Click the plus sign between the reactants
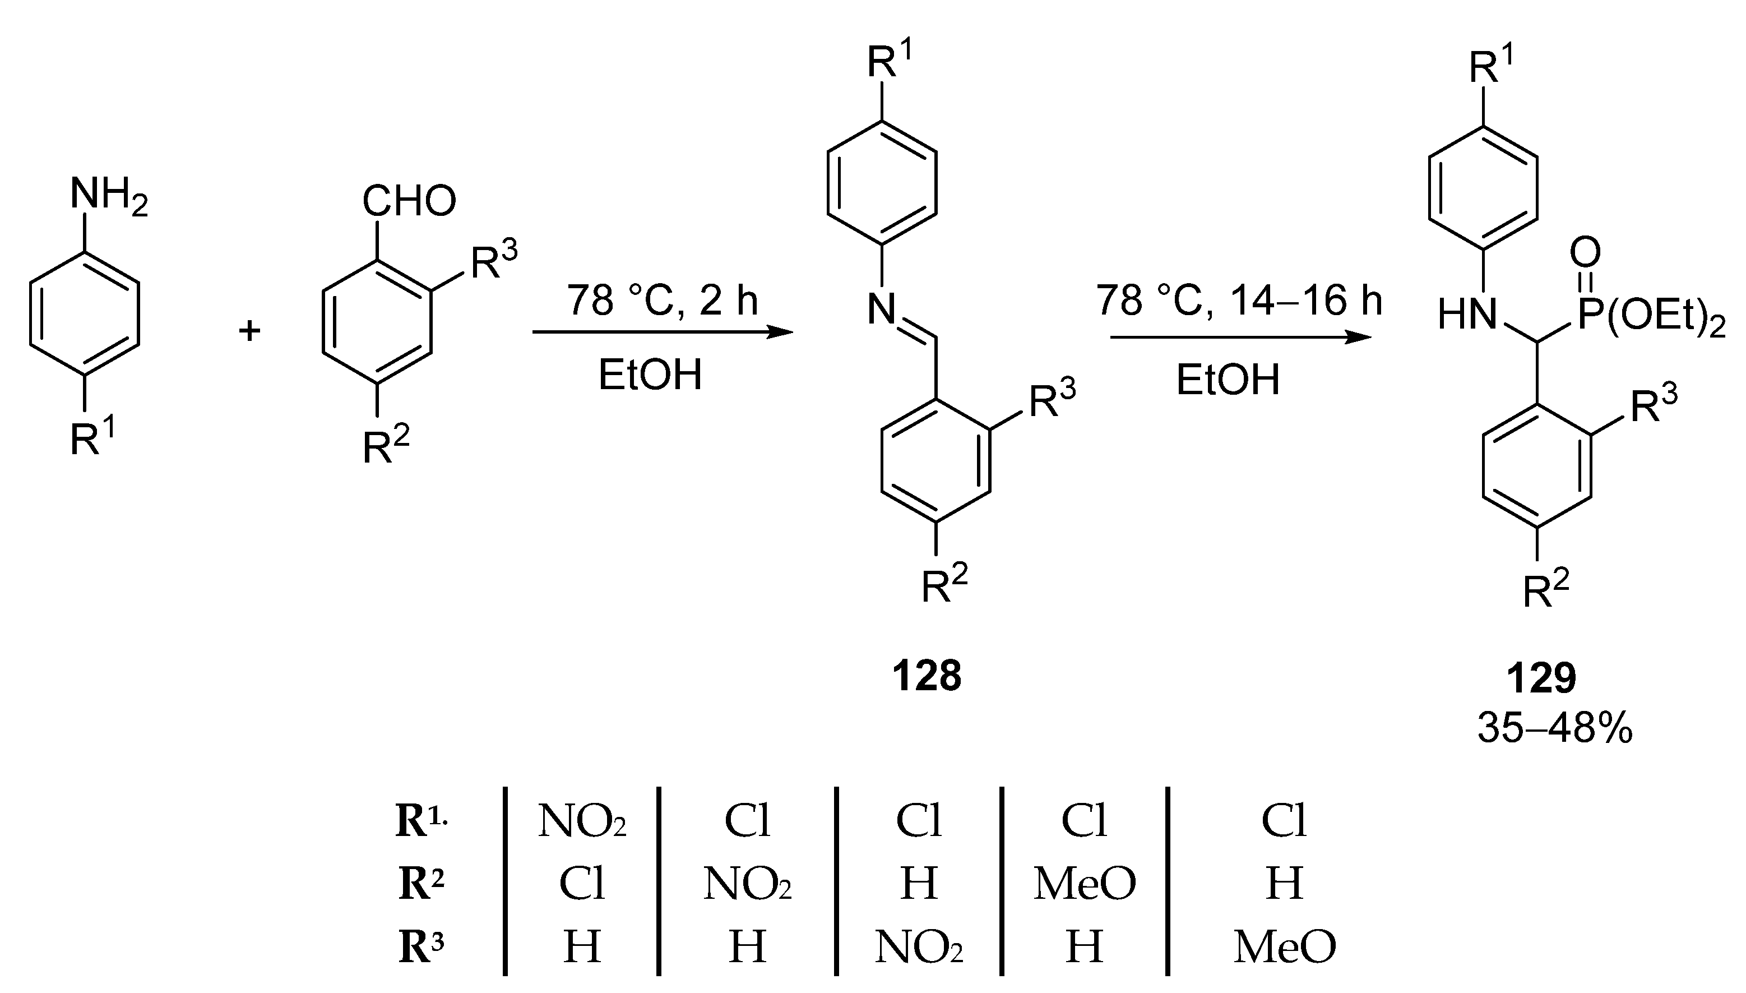point(249,332)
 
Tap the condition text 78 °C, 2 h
point(662,300)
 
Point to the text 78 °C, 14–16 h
point(1239,300)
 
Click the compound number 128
point(927,676)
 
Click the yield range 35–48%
point(1554,728)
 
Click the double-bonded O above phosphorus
point(1585,253)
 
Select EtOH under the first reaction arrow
point(650,375)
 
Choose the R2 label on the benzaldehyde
point(385,447)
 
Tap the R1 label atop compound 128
point(889,61)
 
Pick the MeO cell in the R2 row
point(1084,883)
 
